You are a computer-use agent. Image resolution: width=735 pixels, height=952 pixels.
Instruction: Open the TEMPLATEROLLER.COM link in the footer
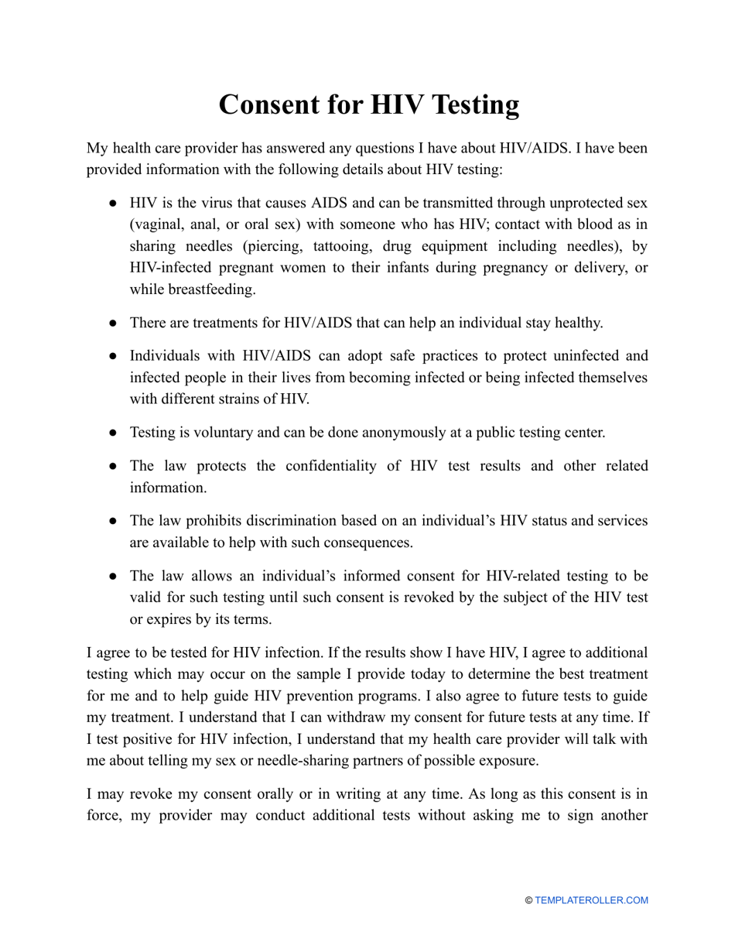591,900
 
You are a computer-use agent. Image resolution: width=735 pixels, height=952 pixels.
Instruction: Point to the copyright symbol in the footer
529,900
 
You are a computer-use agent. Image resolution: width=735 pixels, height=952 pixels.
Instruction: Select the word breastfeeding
192,289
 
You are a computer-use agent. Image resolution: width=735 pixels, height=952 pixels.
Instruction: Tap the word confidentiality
333,466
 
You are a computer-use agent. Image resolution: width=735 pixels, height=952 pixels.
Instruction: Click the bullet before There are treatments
113,323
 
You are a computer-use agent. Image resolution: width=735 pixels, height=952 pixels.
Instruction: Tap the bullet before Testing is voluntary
113,432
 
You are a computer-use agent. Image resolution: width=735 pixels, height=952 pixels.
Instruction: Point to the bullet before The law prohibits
113,521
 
